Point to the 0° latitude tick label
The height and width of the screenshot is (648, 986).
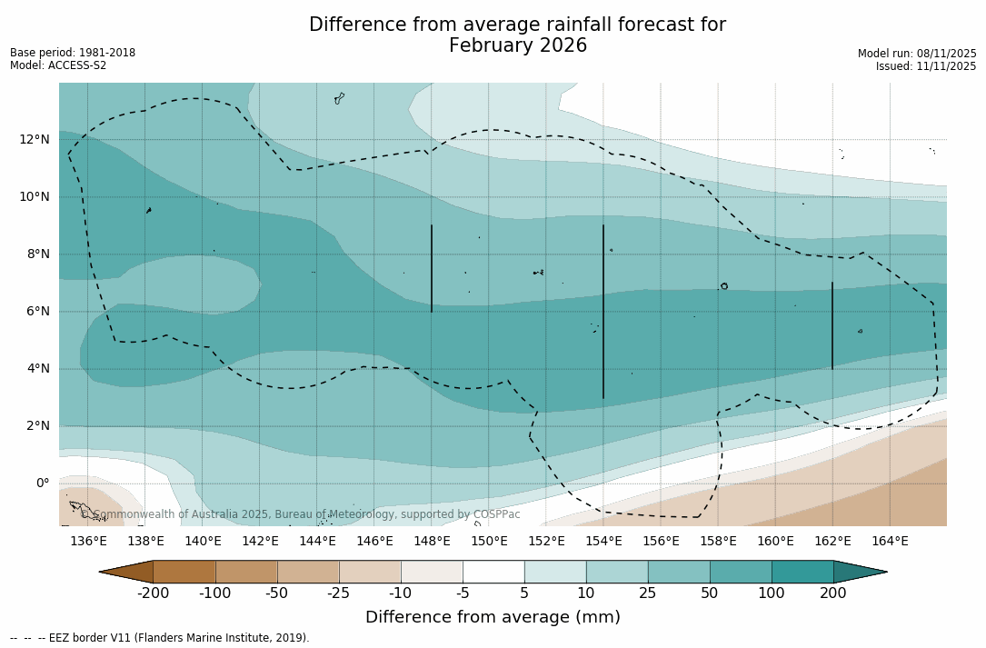(43, 484)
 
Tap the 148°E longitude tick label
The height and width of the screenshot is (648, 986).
(432, 542)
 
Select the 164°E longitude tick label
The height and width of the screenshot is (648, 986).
(890, 542)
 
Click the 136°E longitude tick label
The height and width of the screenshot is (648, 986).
(88, 542)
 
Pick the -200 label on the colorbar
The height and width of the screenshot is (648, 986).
(153, 593)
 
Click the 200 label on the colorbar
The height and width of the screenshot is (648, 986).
(833, 593)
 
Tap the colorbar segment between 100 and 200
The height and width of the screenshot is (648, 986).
(802, 572)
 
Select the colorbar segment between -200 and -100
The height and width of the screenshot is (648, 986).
(184, 572)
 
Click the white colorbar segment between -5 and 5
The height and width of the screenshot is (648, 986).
(493, 572)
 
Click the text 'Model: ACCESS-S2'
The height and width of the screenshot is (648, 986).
(58, 65)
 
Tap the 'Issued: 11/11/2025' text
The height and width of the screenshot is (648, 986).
(926, 66)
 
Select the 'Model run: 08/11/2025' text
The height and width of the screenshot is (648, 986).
(917, 54)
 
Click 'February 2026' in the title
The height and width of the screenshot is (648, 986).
(518, 46)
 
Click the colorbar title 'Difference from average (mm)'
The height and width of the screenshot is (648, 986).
(493, 618)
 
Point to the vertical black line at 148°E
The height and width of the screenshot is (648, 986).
(432, 268)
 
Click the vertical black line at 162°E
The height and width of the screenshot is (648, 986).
(832, 325)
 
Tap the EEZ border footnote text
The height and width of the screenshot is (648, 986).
(160, 638)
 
